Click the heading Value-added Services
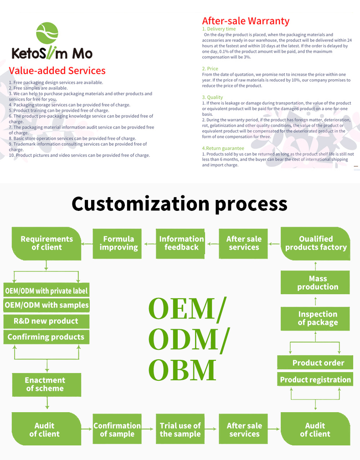57,71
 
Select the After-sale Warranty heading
246,21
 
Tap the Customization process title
180,204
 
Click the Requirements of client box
46,243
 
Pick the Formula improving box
118,243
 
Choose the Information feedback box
181,243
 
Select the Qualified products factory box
315,243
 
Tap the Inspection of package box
315,318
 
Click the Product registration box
315,379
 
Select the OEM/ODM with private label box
46,291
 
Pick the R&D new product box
46,321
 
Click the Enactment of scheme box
45,384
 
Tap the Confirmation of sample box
117,429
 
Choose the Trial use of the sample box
180,429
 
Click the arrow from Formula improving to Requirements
87,244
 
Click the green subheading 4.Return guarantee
223,148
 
